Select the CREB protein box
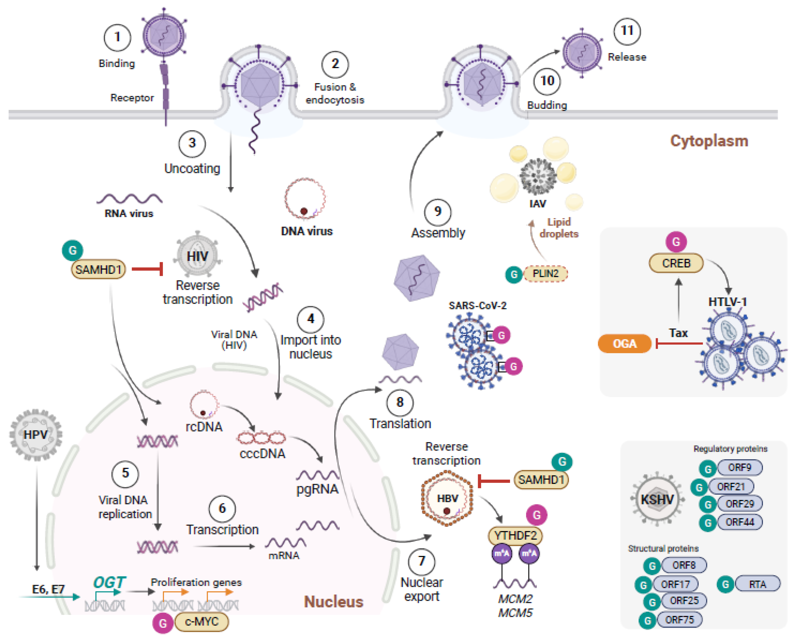[676, 263]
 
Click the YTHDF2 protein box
[515, 535]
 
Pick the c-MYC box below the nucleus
[201, 622]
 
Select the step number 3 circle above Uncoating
[192, 143]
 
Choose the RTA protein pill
[757, 584]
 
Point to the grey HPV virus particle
[36, 435]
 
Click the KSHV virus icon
[657, 499]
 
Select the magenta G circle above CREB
[676, 242]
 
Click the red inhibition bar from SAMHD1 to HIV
[147, 269]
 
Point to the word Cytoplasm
[709, 141]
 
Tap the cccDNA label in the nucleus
[262, 453]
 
